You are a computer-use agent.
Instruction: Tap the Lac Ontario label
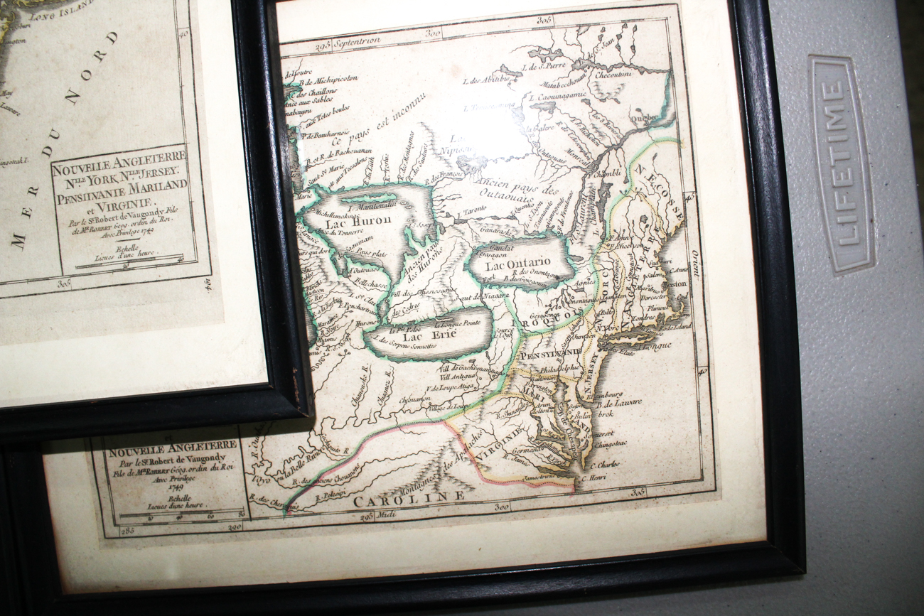[518, 265]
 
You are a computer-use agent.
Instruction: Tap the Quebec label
[645, 119]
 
